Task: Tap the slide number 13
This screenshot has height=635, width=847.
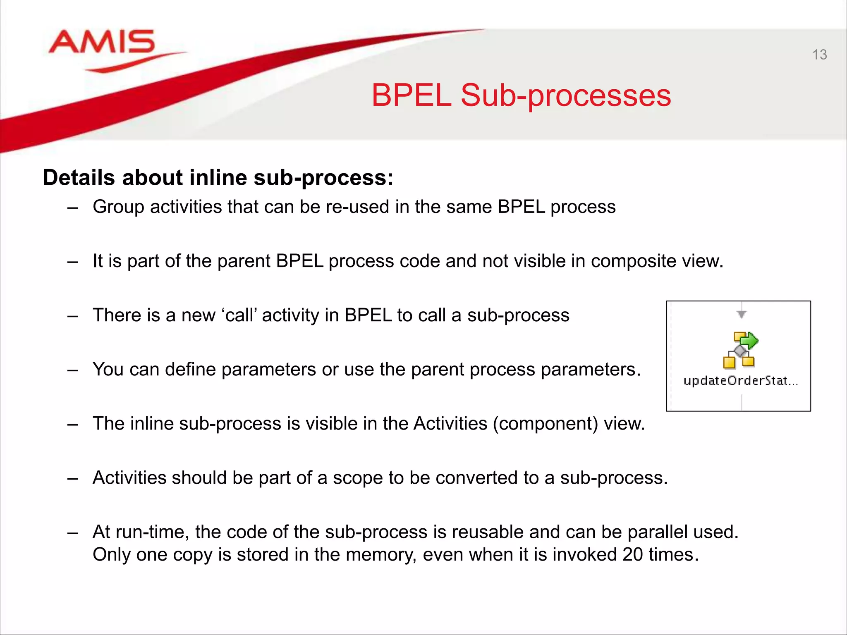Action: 819,55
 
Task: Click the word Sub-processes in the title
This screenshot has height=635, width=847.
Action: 565,95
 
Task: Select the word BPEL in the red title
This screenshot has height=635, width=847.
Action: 411,95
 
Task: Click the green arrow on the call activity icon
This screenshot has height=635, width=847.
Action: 749,341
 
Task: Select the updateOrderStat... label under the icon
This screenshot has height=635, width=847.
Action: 740,380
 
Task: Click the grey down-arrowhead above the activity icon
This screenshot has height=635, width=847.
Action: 741,314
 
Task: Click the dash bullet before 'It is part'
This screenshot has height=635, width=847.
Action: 73,262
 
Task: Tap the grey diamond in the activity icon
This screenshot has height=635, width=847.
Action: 740,351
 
